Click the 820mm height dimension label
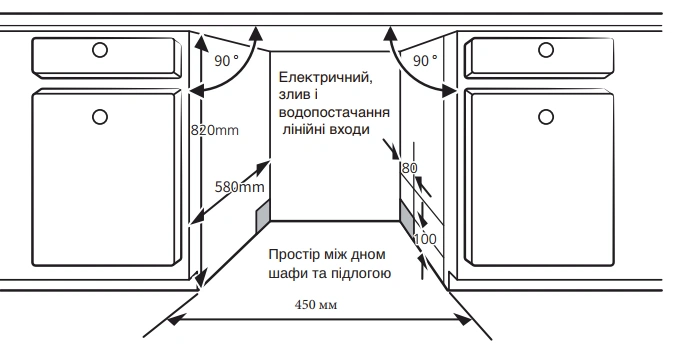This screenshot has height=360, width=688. pyautogui.click(x=216, y=130)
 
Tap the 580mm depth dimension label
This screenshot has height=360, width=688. pyautogui.click(x=240, y=187)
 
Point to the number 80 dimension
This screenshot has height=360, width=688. pyautogui.click(x=408, y=168)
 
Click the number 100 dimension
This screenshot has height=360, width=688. pyautogui.click(x=425, y=240)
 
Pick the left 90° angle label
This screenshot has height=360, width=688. pyautogui.click(x=227, y=60)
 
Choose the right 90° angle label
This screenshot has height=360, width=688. pyautogui.click(x=425, y=60)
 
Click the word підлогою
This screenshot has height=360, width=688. pyautogui.click(x=362, y=272)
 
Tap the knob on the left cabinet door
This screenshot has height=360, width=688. pyautogui.click(x=99, y=117)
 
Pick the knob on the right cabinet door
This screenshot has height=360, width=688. pyautogui.click(x=546, y=118)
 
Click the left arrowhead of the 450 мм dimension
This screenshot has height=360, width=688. pyautogui.click(x=175, y=320)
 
